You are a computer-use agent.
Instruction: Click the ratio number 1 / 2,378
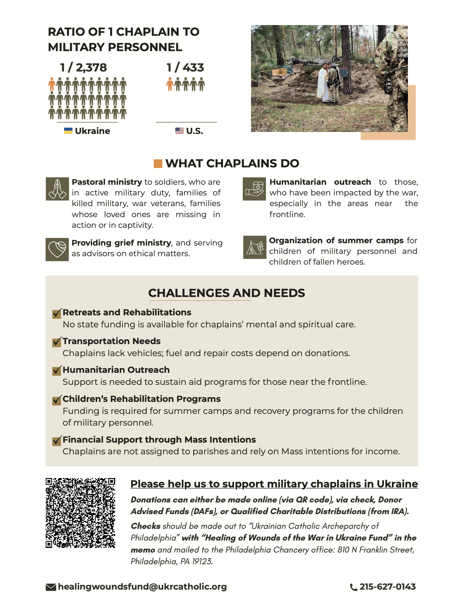[x=83, y=67]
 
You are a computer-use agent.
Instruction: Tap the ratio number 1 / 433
[x=185, y=67]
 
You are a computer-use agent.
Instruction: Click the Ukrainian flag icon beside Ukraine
[x=68, y=131]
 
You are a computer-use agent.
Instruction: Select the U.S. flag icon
[x=180, y=131]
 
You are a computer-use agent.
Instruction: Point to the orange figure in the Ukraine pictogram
[x=52, y=84]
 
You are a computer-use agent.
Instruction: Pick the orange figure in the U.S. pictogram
[x=170, y=84]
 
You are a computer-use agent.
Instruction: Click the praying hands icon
[x=57, y=189]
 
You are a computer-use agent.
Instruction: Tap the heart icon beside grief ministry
[x=57, y=249]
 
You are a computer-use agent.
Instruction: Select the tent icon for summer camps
[x=255, y=247]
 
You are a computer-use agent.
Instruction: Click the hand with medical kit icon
[x=254, y=189]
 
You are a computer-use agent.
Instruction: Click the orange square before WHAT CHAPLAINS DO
[x=158, y=163]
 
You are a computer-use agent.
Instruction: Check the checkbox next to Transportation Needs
[x=57, y=342]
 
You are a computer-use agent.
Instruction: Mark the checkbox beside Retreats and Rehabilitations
[x=57, y=313]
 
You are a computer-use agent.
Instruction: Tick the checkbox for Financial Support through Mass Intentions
[x=57, y=440]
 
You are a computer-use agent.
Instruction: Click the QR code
[x=80, y=513]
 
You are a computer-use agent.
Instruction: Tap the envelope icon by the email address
[x=51, y=587]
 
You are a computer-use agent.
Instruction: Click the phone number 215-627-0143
[x=387, y=587]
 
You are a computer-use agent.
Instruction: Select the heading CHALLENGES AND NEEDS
[x=226, y=293]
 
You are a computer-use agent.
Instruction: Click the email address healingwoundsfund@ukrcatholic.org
[x=142, y=587]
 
